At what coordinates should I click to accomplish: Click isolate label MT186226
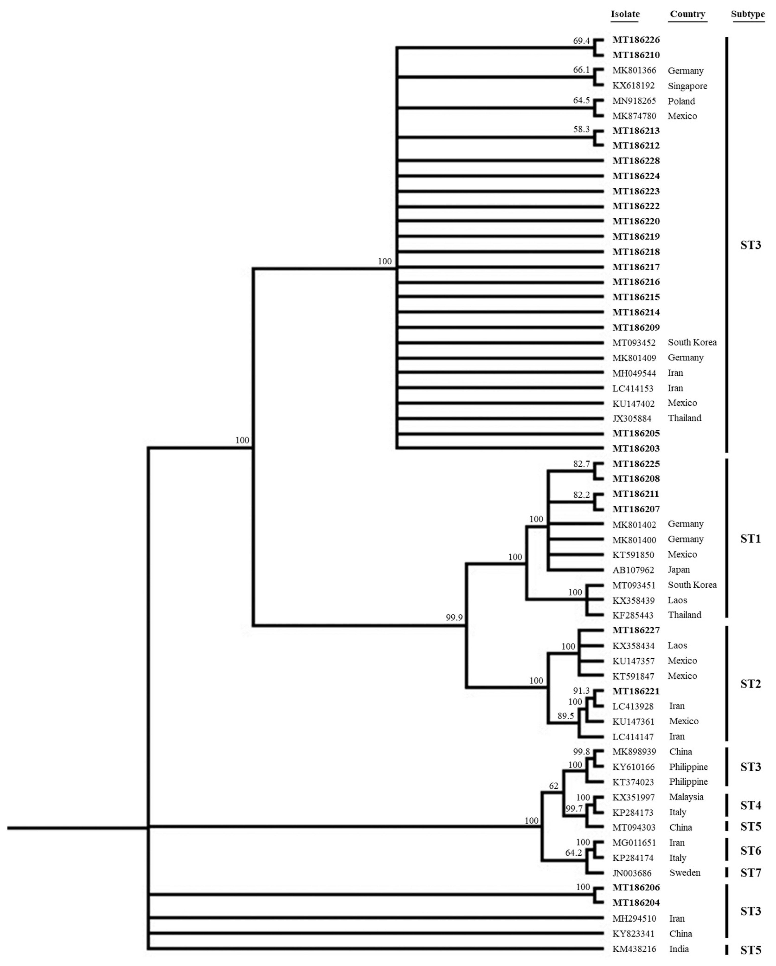(x=636, y=40)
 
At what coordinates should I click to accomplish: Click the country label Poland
(x=681, y=101)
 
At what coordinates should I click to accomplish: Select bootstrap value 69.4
(x=581, y=41)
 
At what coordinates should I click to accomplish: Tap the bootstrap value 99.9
(x=454, y=618)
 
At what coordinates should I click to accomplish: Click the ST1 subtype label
(x=750, y=539)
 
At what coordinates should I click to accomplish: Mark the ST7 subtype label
(x=750, y=873)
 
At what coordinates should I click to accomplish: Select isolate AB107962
(x=633, y=570)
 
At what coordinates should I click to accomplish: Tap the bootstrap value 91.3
(x=581, y=691)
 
